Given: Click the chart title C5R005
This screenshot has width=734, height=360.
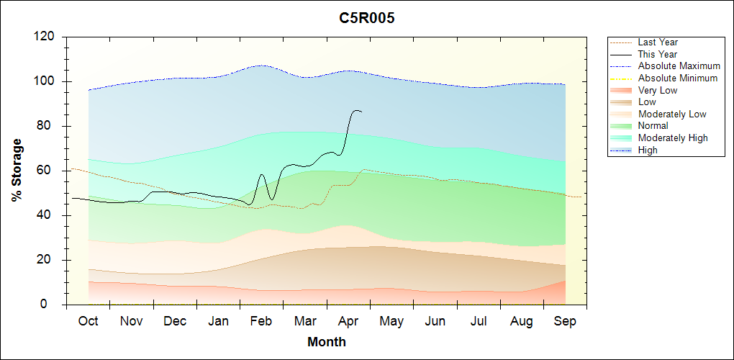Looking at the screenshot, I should [367, 19].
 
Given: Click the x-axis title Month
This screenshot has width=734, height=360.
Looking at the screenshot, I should [327, 342].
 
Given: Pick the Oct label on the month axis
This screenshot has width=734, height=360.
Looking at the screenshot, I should [88, 321].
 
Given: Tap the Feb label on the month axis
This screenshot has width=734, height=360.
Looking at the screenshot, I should [261, 321].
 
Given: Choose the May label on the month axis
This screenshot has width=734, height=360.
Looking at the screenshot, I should [391, 321].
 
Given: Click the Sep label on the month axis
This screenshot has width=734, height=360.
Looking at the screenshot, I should [565, 321].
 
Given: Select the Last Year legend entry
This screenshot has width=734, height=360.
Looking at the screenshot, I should [658, 42].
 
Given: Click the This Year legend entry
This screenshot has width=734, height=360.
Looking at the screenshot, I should [658, 54].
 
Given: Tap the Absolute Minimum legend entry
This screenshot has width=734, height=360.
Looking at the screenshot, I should [678, 78].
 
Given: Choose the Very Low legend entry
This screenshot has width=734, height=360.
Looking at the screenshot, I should [658, 90].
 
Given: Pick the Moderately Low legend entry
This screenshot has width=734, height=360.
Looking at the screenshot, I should [672, 114].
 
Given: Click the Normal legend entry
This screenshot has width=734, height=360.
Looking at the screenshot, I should [653, 126].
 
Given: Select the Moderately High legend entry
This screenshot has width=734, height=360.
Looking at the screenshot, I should [673, 138].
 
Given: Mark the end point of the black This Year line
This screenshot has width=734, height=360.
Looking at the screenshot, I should [361, 112].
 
